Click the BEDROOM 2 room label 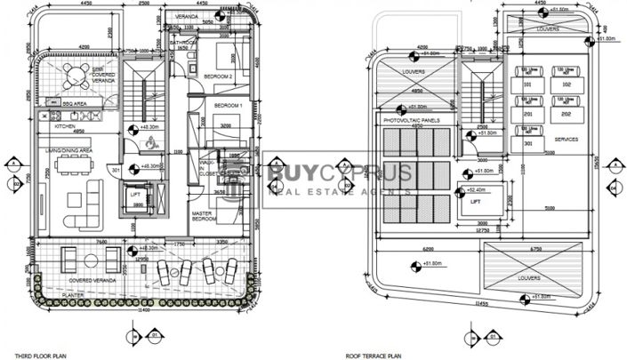click(219, 77)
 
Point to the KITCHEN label click(65, 126)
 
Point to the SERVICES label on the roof click(567, 140)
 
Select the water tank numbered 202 click(566, 114)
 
